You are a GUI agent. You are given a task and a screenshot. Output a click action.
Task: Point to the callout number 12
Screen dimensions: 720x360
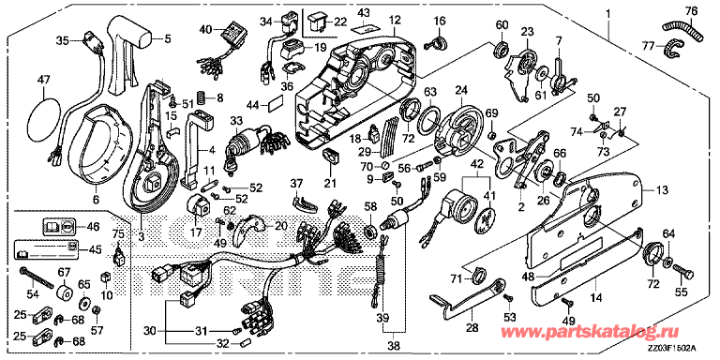tap(395, 20)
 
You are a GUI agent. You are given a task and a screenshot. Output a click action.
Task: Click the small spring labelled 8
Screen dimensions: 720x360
tap(201, 97)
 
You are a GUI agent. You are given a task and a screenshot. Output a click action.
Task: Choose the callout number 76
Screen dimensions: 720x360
tap(691, 10)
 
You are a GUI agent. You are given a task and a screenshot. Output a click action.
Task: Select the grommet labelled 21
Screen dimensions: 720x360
tap(330, 156)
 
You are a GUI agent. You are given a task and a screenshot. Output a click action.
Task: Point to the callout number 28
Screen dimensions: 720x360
tap(472, 328)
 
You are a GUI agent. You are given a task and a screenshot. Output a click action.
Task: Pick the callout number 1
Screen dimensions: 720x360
tap(607, 14)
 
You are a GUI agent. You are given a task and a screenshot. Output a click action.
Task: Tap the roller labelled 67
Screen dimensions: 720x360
tap(65, 292)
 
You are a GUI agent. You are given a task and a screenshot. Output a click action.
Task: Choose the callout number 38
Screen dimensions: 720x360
tap(394, 346)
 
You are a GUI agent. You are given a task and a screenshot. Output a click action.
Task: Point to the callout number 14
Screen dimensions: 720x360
tap(596, 297)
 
